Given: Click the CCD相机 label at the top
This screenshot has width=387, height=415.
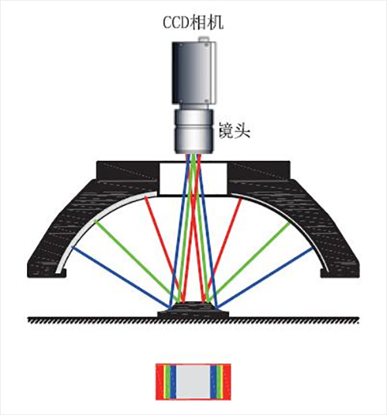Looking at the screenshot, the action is pos(193,22).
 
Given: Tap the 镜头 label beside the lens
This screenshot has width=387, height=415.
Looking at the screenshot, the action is pos(235,130).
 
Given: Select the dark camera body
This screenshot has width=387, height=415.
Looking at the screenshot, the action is pos(194,73).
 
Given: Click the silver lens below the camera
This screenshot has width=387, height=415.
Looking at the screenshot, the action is pos(193,132).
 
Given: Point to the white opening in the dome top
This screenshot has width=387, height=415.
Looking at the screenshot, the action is pos(193,179).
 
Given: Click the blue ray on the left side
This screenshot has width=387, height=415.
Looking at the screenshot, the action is pos(122,278).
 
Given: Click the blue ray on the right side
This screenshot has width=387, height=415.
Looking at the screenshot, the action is pos(265,278).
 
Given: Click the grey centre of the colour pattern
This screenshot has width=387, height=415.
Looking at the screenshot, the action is pos(193,382).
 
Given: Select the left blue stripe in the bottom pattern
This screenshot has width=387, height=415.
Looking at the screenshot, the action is pos(173,382).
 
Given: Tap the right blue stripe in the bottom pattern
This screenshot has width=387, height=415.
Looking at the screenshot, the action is pos(214,382).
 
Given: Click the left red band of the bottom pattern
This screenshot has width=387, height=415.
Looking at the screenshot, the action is pos(160,382).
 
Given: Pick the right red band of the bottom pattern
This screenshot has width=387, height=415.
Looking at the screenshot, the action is pos(227,382).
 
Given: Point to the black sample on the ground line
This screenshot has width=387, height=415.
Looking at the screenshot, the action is pos(193,310).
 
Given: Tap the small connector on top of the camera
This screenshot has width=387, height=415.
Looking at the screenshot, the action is pos(204,39).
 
